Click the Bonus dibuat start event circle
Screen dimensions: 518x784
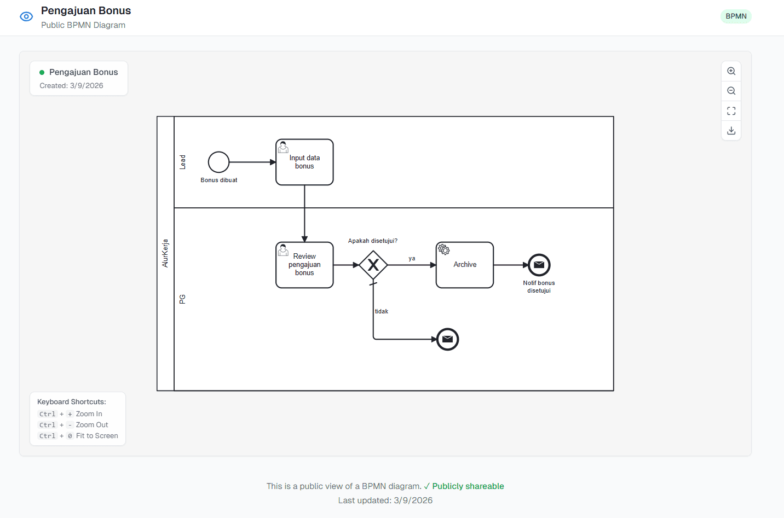pos(218,162)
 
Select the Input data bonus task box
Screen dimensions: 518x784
pos(304,162)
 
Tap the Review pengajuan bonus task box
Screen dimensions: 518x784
pos(304,265)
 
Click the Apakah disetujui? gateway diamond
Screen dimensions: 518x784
pos(373,265)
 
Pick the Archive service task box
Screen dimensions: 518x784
pos(465,265)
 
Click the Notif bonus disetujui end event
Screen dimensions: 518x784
pos(539,265)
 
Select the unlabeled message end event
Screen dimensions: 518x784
pos(447,339)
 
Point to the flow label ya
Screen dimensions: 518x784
pos(412,259)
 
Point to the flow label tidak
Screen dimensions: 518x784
pos(382,311)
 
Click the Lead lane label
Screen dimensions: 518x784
pos(183,162)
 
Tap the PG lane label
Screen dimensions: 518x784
pos(183,299)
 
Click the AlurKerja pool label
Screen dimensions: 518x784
pos(165,253)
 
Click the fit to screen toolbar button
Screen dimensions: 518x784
pos(731,111)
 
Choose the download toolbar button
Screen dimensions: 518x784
pos(731,131)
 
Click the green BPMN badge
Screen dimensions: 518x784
pos(736,16)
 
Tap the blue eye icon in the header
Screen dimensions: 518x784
pos(26,17)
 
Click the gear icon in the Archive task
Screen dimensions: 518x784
pos(444,250)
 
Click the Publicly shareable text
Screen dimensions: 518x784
pos(468,486)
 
